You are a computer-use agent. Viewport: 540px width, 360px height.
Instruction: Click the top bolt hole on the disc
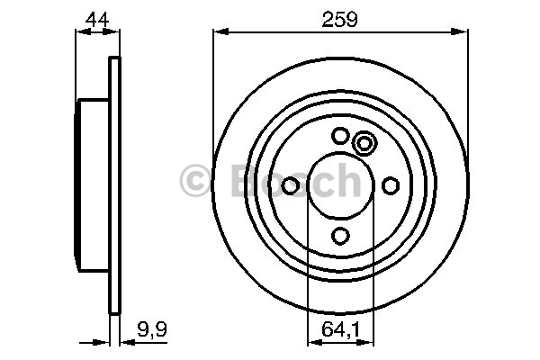click(x=340, y=136)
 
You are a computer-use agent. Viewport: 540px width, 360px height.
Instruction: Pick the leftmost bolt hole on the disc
click(x=291, y=185)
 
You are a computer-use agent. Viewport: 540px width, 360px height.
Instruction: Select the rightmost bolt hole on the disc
click(x=391, y=185)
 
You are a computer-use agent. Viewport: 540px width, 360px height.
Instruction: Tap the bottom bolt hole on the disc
click(x=340, y=236)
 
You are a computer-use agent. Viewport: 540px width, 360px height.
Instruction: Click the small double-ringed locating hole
click(x=364, y=143)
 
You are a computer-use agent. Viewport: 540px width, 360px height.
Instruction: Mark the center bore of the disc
click(x=340, y=185)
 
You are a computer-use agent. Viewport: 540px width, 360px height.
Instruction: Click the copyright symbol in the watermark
click(x=195, y=181)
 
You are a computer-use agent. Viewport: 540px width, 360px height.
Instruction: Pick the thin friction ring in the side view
click(x=114, y=185)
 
